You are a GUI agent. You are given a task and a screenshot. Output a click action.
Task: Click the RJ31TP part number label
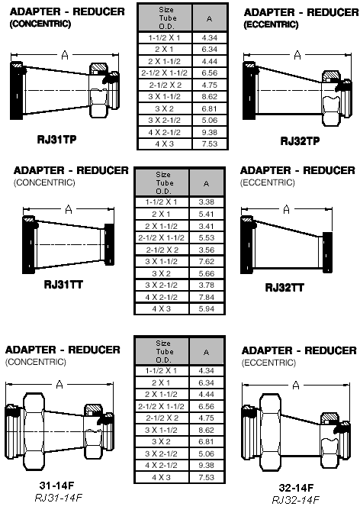(56, 140)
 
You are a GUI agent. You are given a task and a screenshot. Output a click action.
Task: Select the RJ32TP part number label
(300, 140)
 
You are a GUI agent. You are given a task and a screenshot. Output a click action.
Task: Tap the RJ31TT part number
(63, 284)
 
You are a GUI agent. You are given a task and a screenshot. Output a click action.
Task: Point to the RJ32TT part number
(284, 288)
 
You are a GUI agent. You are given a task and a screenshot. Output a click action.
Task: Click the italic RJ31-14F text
(58, 498)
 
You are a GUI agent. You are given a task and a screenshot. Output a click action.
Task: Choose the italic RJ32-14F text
(295, 500)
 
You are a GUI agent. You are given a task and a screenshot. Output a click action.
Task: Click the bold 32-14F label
(296, 488)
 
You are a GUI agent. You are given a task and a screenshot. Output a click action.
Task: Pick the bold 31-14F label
(56, 486)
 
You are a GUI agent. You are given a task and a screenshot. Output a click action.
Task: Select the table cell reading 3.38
(207, 202)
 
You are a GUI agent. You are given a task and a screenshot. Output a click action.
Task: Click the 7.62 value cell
(207, 261)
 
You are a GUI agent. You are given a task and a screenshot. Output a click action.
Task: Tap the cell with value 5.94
(207, 308)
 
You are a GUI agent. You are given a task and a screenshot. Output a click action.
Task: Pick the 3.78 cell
(207, 285)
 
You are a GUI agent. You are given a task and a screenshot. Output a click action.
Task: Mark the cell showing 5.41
(207, 214)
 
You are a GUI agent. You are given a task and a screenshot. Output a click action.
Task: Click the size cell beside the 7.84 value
(161, 297)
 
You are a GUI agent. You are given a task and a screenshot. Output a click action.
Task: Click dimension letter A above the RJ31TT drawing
(69, 208)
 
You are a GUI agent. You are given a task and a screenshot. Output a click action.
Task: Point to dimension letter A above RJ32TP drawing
(297, 55)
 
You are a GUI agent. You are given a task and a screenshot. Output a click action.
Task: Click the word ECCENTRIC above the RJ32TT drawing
(268, 182)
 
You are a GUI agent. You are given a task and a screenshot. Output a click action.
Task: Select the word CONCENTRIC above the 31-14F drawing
(36, 362)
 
